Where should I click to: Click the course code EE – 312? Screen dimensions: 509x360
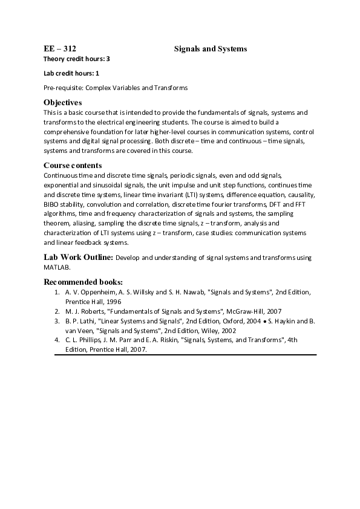pyautogui.click(x=59, y=48)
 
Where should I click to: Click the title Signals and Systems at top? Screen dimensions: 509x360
pyautogui.click(x=211, y=48)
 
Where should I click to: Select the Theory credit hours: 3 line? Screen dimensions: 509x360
pyautogui.click(x=77, y=59)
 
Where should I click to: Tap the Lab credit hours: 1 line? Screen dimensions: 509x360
pyautogui.click(x=71, y=73)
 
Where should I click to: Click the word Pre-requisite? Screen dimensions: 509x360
pyautogui.click(x=63, y=88)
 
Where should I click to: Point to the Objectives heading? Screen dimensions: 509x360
pyautogui.click(x=62, y=102)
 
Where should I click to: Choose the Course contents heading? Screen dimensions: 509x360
pyautogui.click(x=73, y=165)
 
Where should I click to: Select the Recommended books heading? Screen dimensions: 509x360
pyautogui.click(x=83, y=282)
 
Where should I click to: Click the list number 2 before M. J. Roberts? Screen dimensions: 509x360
pyautogui.click(x=57, y=311)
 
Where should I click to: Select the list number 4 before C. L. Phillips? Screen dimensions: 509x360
pyautogui.click(x=57, y=340)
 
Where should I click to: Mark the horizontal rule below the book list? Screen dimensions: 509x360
pyautogui.click(x=185, y=354)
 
